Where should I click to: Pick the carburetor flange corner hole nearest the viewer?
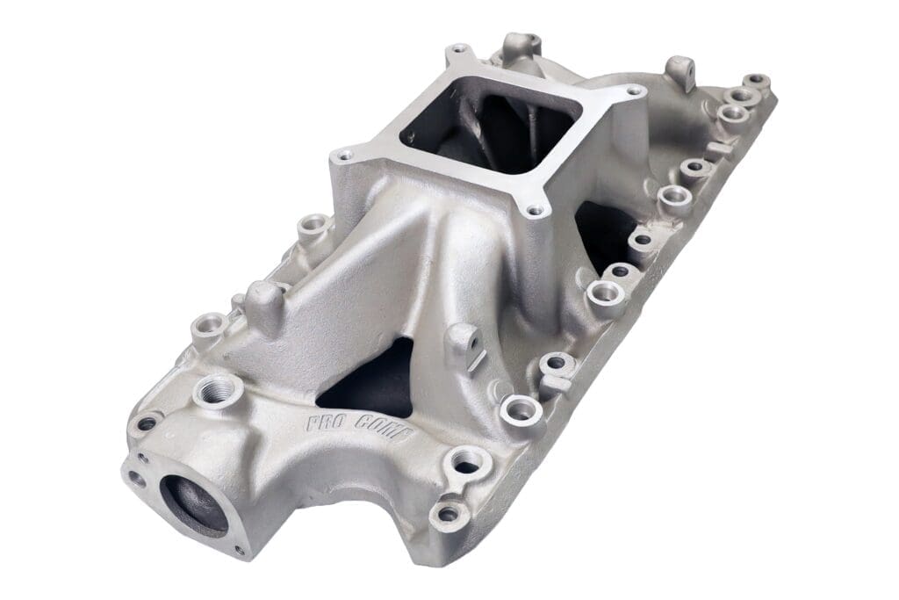(534, 211)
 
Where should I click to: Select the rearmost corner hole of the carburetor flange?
(456, 49)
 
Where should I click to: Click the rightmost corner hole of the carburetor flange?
(636, 90)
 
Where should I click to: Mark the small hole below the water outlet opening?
(239, 551)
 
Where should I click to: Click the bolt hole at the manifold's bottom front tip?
(448, 513)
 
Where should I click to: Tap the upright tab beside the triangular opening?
(463, 345)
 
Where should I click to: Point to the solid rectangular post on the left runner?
(263, 303)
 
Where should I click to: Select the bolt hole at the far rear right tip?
(757, 81)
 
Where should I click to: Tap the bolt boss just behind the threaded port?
(209, 327)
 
